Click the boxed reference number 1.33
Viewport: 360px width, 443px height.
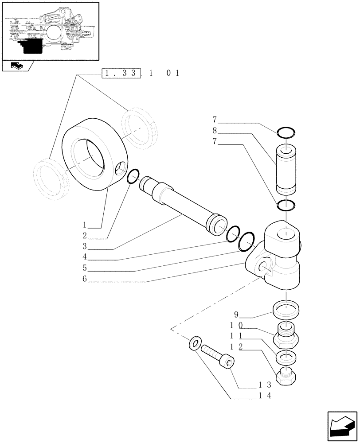click(x=121, y=74)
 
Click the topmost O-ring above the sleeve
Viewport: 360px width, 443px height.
click(x=286, y=132)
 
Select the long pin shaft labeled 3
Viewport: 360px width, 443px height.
click(x=182, y=204)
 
